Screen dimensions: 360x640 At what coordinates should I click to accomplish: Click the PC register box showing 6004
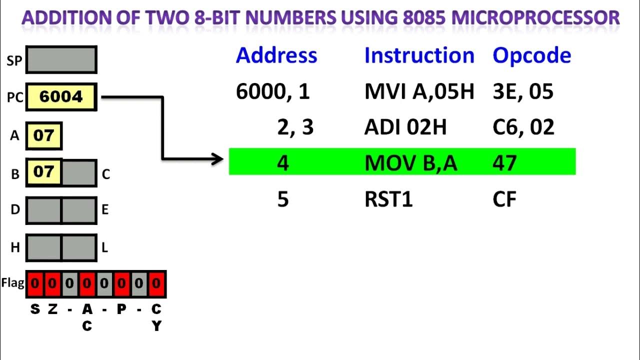tap(60, 97)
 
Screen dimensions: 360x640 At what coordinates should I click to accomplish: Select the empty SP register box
tap(61, 60)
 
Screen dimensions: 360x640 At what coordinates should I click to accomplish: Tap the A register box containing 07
tap(43, 135)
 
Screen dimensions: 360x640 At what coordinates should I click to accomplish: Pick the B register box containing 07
tap(43, 173)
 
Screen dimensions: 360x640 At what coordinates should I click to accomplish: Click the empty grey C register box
tap(79, 173)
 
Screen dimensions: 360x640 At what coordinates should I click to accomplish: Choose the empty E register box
tap(79, 210)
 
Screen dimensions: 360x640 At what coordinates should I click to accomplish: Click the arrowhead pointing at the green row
tap(218, 159)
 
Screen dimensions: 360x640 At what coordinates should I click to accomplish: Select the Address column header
tap(276, 55)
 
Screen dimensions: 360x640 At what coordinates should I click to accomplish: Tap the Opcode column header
tap(531, 55)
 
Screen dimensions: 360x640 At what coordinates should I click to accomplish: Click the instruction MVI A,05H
tap(419, 92)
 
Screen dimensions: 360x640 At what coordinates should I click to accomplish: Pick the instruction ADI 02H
tap(405, 127)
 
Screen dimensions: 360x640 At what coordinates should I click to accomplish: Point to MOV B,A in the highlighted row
tap(410, 163)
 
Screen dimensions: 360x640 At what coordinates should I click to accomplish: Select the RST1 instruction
tap(388, 199)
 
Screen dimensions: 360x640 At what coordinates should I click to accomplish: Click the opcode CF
tap(504, 199)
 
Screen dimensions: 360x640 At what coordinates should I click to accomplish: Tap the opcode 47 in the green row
tap(504, 163)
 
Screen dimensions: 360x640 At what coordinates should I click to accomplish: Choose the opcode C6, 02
tap(523, 127)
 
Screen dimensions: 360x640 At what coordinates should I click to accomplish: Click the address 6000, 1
tap(272, 92)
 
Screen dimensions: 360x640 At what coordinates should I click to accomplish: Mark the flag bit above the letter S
tap(34, 284)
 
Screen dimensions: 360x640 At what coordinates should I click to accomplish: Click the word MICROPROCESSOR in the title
tap(535, 18)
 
